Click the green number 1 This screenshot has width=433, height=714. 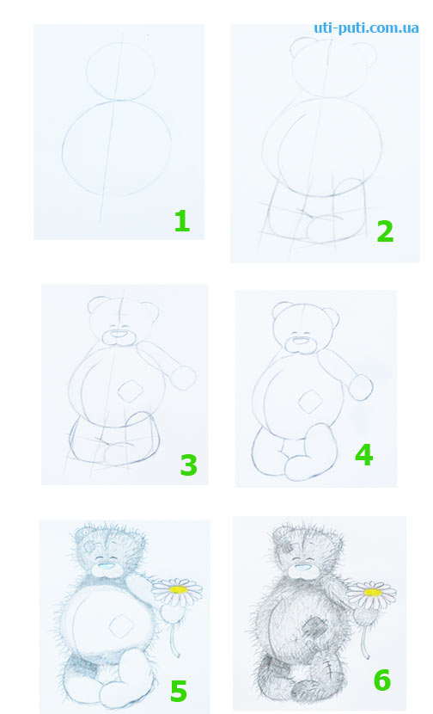182,221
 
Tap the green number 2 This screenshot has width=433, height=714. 385,231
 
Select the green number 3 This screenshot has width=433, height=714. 189,465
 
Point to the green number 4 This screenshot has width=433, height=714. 364,454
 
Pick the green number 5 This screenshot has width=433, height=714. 179,691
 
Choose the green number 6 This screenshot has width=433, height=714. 382,680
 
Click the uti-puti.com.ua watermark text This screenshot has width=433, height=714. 366,28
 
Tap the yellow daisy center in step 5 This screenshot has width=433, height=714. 179,589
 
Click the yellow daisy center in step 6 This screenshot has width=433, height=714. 373,592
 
